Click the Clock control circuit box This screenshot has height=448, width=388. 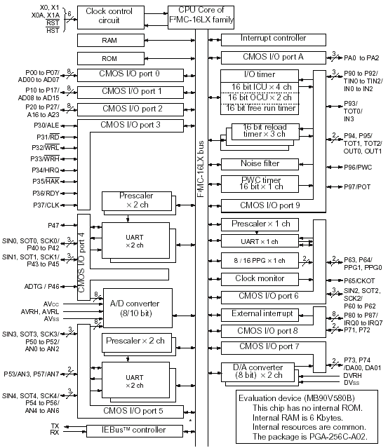coord(111,17)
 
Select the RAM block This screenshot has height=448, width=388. coord(111,40)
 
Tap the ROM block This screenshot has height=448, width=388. coord(111,59)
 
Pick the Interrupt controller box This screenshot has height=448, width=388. coord(274,40)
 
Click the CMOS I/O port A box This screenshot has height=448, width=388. coord(274,57)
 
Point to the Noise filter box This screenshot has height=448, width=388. coord(260,164)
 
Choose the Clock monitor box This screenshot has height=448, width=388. coord(260,279)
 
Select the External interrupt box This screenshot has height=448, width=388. coord(260,315)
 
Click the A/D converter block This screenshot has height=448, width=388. coord(138,308)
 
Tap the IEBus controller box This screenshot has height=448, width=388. coord(135,431)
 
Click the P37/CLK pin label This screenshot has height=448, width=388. coord(46,205)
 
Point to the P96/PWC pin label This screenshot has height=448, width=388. coord(358,167)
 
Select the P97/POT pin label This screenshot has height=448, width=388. coord(357,187)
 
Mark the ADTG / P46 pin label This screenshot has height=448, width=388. coord(41,286)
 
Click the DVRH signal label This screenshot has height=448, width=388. coord(352,375)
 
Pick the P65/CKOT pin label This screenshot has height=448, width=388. coord(359,280)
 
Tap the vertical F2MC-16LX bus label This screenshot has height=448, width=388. coord(201,169)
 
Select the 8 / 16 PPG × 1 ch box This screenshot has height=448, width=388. coord(260,260)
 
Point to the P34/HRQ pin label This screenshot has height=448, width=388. coord(46,170)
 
